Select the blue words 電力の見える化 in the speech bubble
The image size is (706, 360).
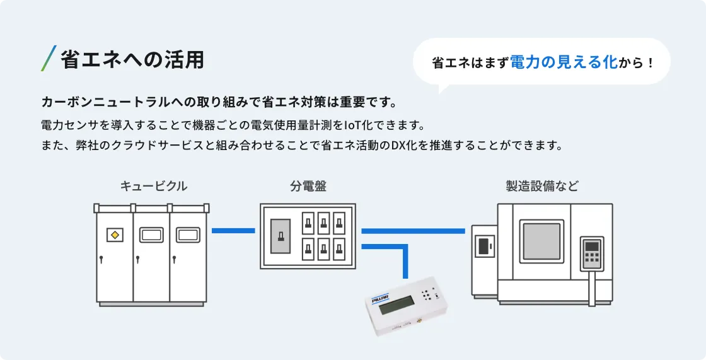(563, 62)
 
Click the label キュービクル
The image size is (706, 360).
(153, 186)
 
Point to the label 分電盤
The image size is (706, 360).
(308, 186)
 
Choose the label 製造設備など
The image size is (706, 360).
(542, 186)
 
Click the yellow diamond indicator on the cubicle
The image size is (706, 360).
(114, 235)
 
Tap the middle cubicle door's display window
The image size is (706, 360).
(151, 235)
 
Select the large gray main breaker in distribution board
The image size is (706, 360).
(281, 236)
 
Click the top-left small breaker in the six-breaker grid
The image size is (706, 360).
(308, 222)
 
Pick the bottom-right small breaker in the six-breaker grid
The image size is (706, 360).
(339, 248)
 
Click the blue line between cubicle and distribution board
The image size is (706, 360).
(233, 231)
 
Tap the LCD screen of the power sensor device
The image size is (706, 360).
(396, 307)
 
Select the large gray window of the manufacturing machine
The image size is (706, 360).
(541, 241)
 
